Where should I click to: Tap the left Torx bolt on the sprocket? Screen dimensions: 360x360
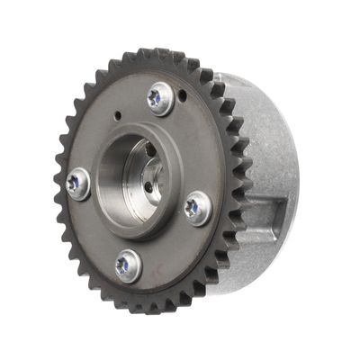pos(78,184)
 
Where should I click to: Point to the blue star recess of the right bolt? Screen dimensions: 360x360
pos(193,208)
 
